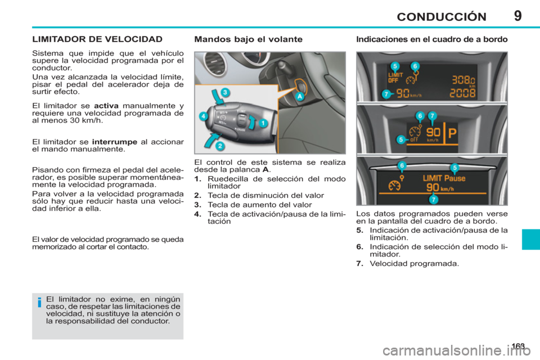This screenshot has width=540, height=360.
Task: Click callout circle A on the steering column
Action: tap(300, 96)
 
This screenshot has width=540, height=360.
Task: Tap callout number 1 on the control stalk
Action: tap(262, 123)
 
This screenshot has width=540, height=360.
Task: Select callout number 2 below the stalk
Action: tap(220, 146)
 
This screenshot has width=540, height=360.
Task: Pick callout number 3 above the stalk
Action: tap(224, 92)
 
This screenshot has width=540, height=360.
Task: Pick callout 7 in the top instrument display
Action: tap(386, 94)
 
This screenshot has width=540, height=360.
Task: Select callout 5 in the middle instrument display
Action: tap(400, 139)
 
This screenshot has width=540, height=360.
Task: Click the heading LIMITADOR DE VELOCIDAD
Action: tap(97, 39)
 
